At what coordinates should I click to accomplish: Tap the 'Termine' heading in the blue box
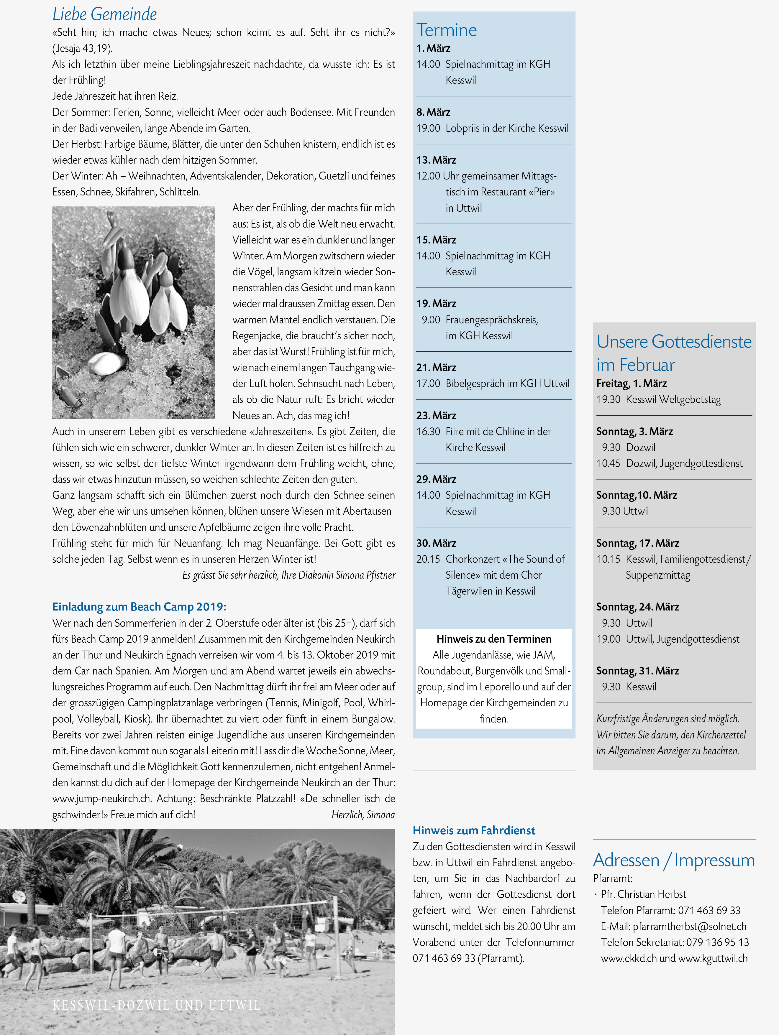[x=447, y=30]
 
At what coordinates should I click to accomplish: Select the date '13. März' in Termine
[x=436, y=160]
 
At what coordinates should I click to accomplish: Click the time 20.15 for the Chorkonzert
[x=428, y=559]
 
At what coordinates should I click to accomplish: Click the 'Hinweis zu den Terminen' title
[x=494, y=639]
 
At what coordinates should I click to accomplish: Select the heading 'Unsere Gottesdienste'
[x=674, y=342]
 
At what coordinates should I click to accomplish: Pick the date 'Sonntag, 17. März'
[x=638, y=543]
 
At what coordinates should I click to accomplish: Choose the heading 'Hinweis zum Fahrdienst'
[x=474, y=830]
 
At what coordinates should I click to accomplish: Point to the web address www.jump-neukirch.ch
[x=101, y=799]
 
